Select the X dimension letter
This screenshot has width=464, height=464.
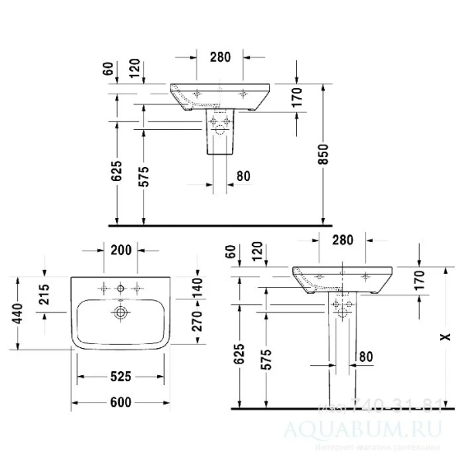pyautogui.click(x=442, y=337)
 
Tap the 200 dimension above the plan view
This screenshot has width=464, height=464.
pyautogui.click(x=121, y=249)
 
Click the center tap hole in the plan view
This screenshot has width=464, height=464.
pyautogui.click(x=120, y=290)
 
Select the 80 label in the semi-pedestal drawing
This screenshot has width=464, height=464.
pyautogui.click(x=243, y=176)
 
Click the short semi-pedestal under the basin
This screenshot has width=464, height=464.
pyautogui.click(x=221, y=131)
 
